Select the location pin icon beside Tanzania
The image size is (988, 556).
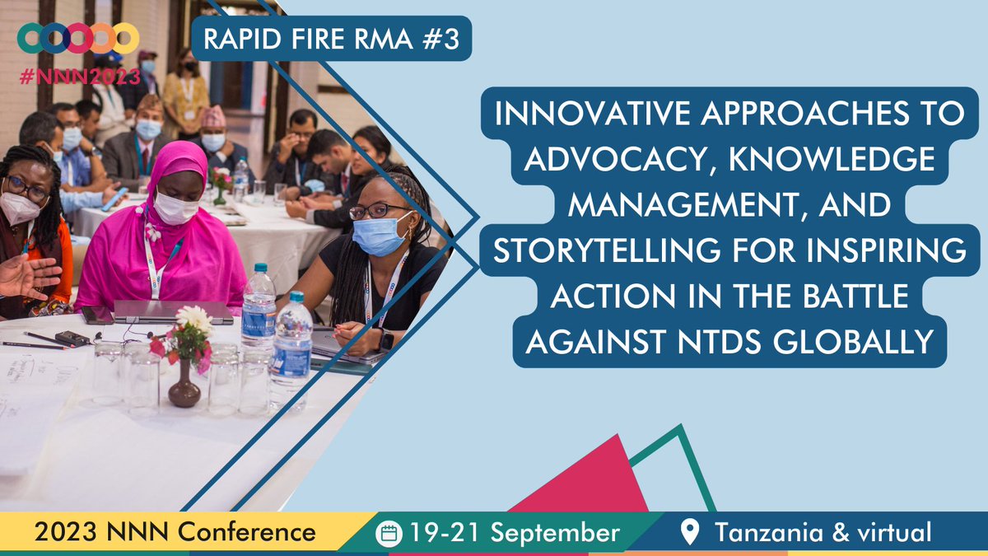tap(692, 533)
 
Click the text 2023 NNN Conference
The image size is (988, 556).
tap(175, 532)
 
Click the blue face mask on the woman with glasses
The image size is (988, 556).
tap(380, 234)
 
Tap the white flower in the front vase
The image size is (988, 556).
tap(194, 318)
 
